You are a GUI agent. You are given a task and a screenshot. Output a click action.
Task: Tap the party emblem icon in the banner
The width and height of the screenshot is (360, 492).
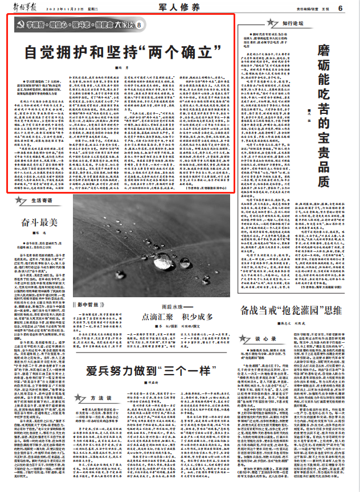pos(20,26)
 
